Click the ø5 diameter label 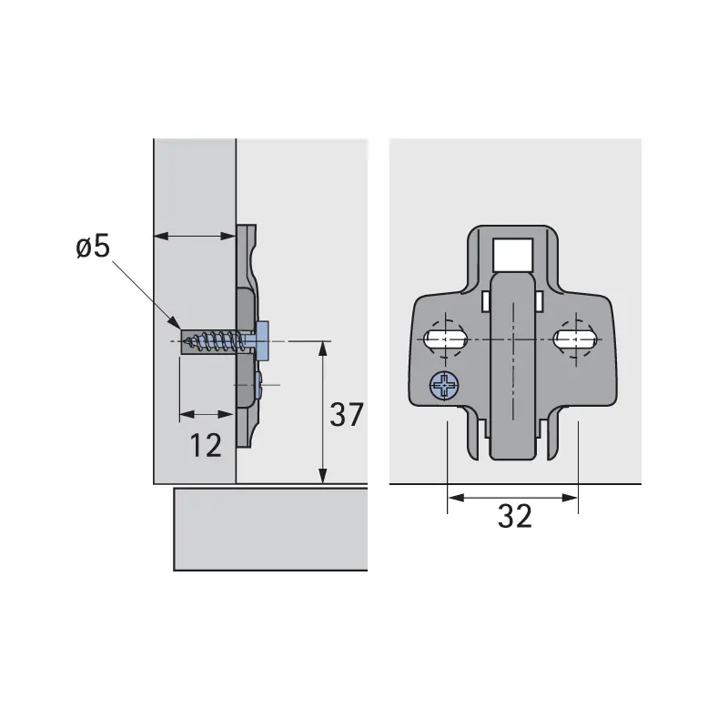click(93, 246)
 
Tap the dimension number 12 click(206, 445)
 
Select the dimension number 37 click(347, 415)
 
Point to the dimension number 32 click(514, 516)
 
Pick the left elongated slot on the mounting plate click(445, 339)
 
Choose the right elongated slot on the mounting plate click(575, 339)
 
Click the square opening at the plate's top click(512, 255)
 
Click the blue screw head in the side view click(262, 341)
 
